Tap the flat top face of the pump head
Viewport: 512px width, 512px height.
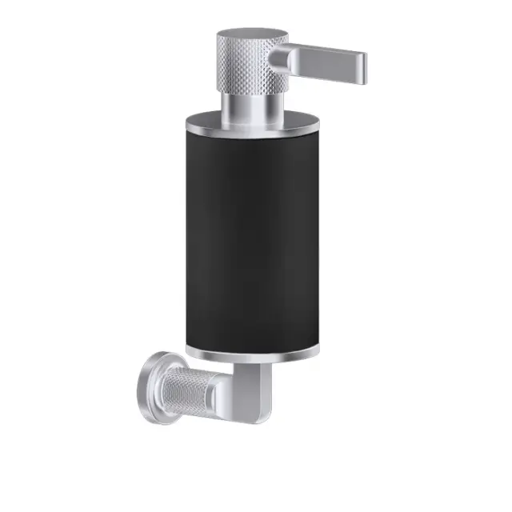click(251, 36)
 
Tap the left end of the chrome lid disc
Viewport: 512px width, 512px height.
click(186, 126)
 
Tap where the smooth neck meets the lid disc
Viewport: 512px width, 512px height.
click(250, 117)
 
